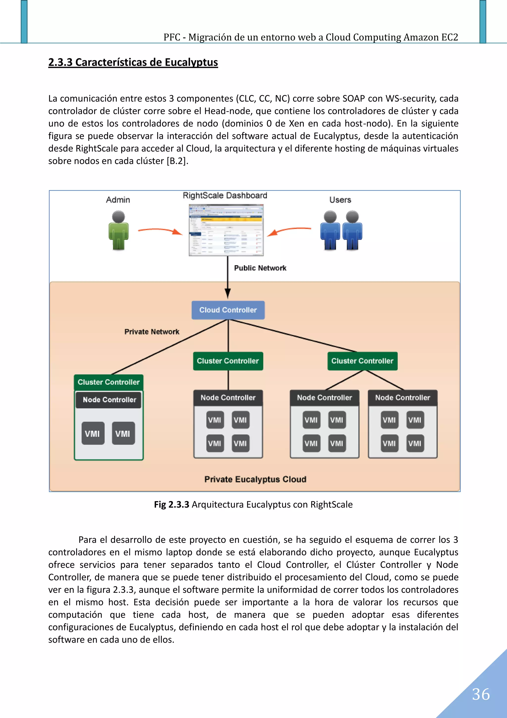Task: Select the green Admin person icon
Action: click(118, 231)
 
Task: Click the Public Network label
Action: click(260, 268)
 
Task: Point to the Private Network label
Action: click(152, 332)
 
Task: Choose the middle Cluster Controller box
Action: click(228, 361)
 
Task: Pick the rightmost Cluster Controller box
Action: click(362, 361)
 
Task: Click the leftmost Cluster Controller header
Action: click(108, 382)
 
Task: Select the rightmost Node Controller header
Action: click(403, 398)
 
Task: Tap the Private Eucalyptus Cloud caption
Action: click(255, 479)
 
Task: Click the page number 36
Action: click(481, 694)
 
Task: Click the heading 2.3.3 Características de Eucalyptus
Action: click(133, 62)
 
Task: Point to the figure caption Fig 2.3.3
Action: click(172, 504)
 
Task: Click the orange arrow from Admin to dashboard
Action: click(160, 231)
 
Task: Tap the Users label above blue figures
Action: click(340, 200)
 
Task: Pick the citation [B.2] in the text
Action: click(177, 161)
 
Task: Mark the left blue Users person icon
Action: click(330, 231)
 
